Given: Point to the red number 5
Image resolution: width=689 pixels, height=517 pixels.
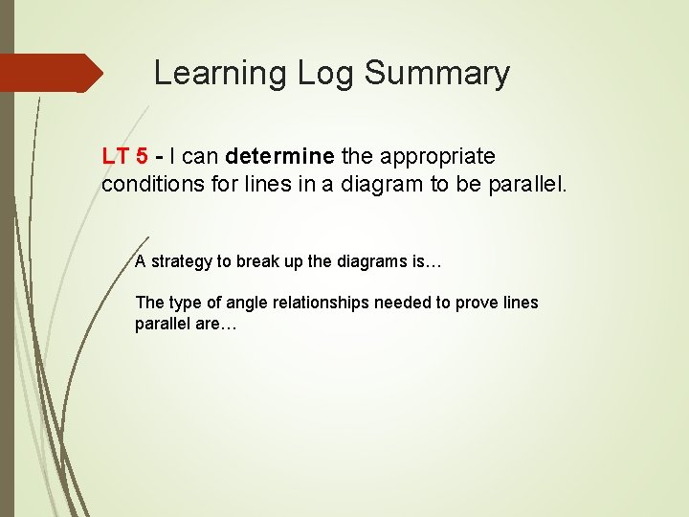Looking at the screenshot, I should point(142,155).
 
